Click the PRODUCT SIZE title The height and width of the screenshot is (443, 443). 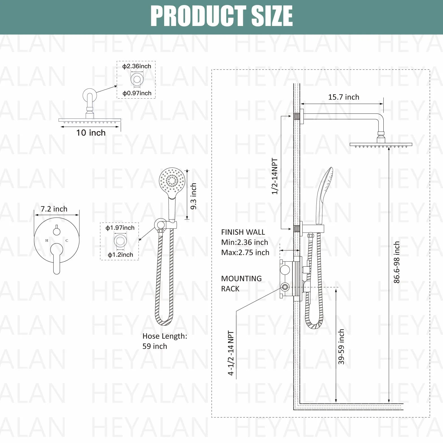coord(221,16)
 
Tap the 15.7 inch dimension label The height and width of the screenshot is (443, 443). coord(344,97)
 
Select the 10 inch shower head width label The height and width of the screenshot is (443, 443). coord(91,133)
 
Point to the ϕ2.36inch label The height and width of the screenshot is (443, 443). coord(137,66)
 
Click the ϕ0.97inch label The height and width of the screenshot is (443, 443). coord(137,93)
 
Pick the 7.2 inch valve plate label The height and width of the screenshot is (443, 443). coord(54,209)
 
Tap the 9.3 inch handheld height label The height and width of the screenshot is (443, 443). coord(194,196)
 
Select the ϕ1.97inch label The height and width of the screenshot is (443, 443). coord(120,228)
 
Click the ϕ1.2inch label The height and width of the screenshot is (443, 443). coord(120,255)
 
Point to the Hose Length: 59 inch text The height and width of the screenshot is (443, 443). coord(165,341)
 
